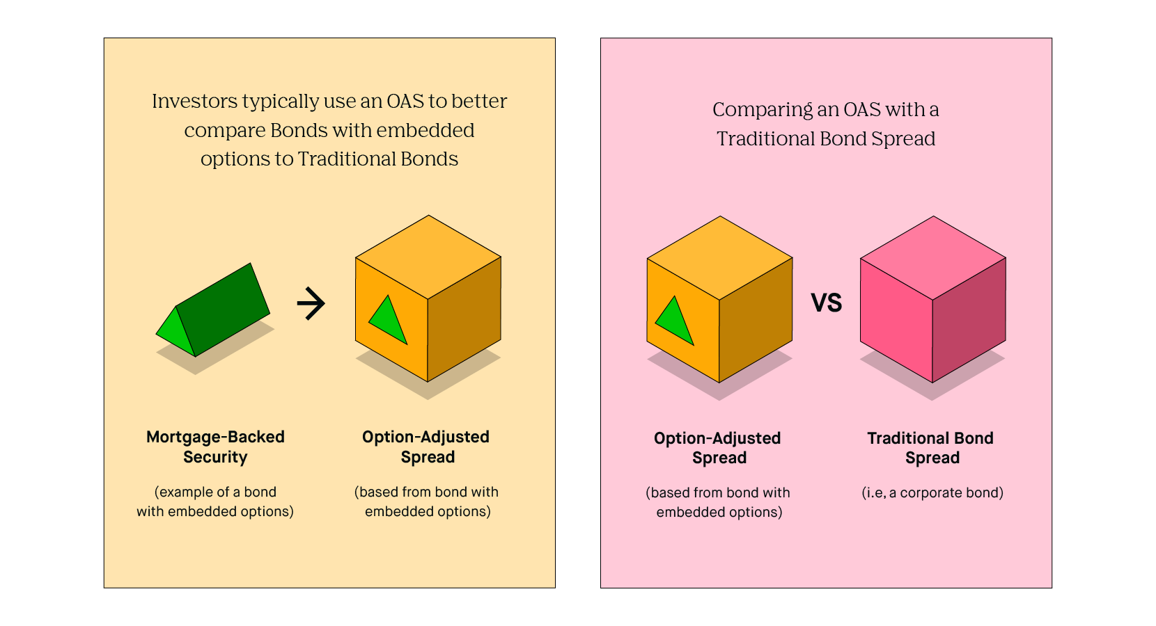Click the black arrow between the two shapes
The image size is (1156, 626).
click(311, 304)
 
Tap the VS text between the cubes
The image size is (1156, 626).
click(827, 303)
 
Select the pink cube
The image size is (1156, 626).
click(932, 299)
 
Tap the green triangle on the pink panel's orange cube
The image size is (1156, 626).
click(675, 321)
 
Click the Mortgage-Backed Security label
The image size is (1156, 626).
click(215, 447)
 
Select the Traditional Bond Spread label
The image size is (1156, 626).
click(930, 448)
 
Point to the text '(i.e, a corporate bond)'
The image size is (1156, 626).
click(932, 492)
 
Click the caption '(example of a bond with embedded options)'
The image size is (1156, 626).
click(215, 501)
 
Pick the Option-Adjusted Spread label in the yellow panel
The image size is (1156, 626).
click(426, 447)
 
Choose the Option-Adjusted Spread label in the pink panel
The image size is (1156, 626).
click(718, 448)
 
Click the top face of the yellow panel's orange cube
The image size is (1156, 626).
click(428, 257)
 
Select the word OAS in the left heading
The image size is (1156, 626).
click(405, 102)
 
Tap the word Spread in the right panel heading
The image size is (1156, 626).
click(903, 139)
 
